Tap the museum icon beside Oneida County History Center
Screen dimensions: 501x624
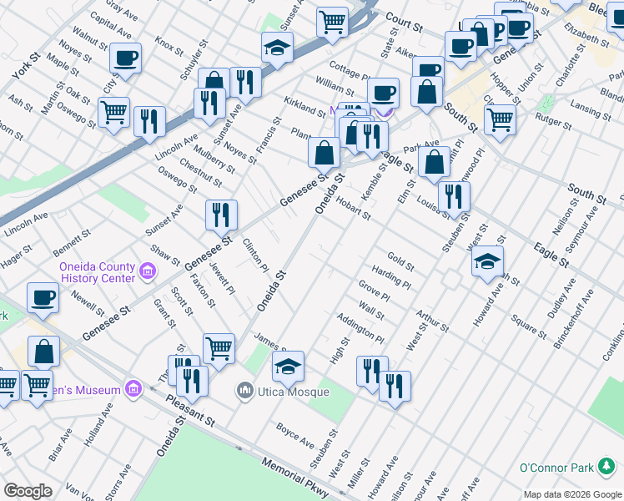click(148, 271)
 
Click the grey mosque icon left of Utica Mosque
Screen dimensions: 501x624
click(245, 389)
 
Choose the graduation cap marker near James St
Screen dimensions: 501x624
click(288, 367)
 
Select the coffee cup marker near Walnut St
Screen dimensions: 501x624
click(125, 58)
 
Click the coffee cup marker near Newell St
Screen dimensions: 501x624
click(43, 297)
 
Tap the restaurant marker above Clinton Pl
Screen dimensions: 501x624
click(222, 214)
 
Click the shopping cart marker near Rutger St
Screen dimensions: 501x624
click(500, 119)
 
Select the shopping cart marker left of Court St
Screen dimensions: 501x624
click(332, 22)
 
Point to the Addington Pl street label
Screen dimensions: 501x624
click(360, 329)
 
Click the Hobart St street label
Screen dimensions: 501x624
click(355, 208)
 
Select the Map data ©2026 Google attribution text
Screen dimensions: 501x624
click(572, 494)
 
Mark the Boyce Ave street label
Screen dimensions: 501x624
click(295, 435)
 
